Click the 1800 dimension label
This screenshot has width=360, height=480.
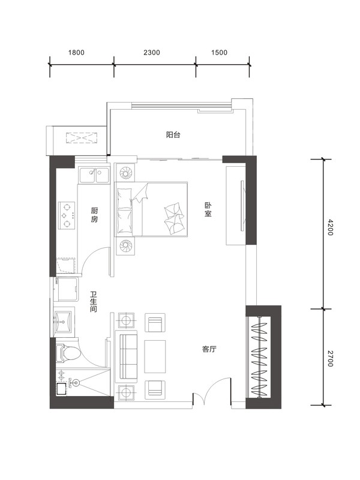pos(76,53)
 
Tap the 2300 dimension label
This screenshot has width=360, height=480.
pos(152,53)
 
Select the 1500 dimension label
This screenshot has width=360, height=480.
pos(219,53)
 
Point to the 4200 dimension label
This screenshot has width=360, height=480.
pos(329,227)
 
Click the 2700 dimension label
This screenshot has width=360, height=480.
pos(329,358)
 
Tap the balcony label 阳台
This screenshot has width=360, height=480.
pos(173,134)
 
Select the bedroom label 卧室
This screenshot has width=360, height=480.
pos(208,209)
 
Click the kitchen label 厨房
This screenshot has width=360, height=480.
pos(94,215)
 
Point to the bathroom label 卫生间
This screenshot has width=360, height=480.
pos(94,302)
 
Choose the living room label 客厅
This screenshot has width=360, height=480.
pos(209,349)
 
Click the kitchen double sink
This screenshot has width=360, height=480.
pos(94,175)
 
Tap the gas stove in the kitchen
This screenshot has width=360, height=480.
pos(67,215)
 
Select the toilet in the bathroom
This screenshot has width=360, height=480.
pos(68,353)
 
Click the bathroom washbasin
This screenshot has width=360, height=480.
pos(63,322)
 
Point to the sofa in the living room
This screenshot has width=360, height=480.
pos(126,356)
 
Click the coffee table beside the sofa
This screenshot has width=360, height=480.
pos(155,356)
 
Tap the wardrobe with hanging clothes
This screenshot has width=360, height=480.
pos(259,356)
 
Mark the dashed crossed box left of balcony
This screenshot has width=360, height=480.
pos(82,138)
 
